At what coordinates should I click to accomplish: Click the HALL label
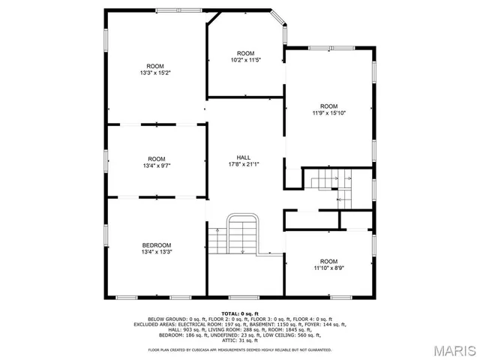click(x=244, y=157)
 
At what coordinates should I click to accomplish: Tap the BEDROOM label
click(x=157, y=245)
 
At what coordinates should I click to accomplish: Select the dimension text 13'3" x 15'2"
click(x=156, y=73)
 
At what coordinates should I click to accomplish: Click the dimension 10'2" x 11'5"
click(x=246, y=59)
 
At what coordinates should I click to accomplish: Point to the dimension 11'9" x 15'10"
click(x=329, y=113)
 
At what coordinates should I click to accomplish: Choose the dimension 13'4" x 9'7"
click(x=157, y=166)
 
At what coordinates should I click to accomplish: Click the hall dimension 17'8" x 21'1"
click(x=244, y=165)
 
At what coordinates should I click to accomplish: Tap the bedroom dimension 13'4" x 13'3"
click(x=157, y=253)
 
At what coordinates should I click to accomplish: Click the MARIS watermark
click(x=453, y=349)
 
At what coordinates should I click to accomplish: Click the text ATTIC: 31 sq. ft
click(x=239, y=341)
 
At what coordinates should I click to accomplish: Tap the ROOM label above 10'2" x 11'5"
click(x=246, y=52)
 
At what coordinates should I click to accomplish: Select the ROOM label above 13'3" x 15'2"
click(x=156, y=66)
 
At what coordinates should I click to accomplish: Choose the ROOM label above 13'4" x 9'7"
click(x=157, y=158)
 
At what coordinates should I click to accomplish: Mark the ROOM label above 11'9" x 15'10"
click(x=329, y=106)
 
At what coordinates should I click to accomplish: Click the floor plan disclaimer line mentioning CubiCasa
click(x=239, y=350)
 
